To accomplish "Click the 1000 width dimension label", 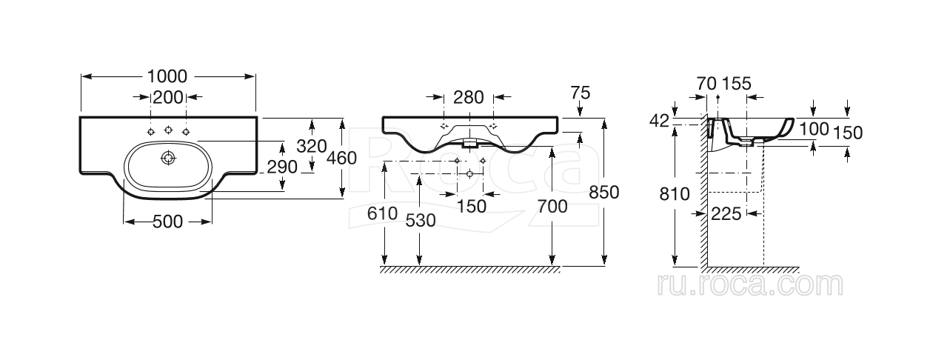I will [167, 76].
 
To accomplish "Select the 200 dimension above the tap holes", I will [167, 97].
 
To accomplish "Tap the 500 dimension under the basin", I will [167, 222].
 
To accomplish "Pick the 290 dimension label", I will [281, 167].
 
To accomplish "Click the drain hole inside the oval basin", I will [169, 157].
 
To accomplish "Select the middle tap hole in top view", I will [169, 130].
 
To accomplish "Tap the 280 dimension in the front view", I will [468, 97].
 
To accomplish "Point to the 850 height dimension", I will [603, 192].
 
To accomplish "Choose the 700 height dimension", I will [552, 207].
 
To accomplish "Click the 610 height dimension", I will [382, 213].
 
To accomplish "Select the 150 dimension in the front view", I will [472, 207].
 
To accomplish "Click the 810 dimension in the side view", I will [675, 194].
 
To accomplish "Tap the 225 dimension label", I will [726, 214].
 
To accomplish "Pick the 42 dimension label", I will [659, 120].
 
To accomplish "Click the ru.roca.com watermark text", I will [749, 284].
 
